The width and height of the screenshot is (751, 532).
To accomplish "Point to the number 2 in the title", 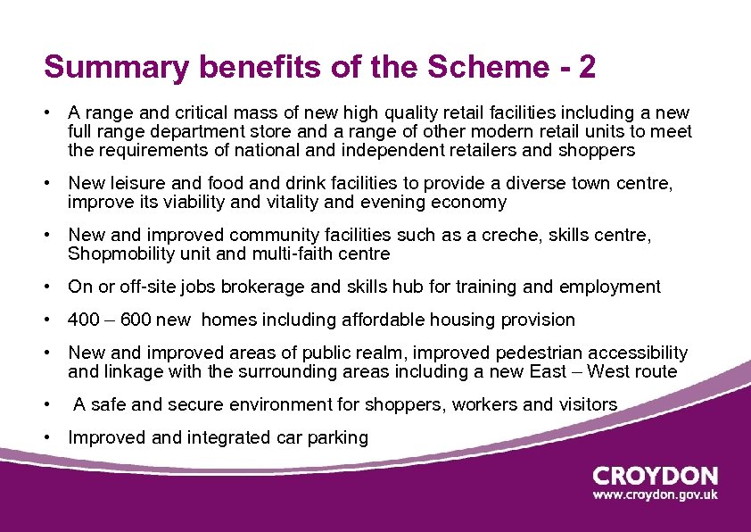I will click(587, 67).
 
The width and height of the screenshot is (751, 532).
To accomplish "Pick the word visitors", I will click(587, 404).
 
